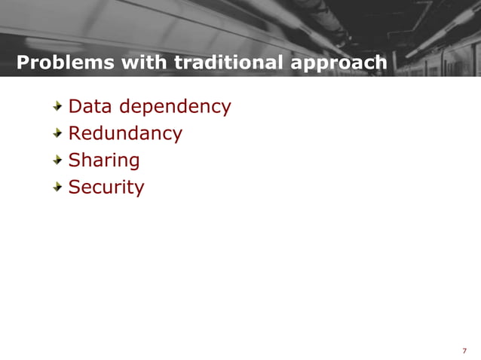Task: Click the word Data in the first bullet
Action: point(87,107)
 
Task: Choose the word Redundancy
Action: point(125,135)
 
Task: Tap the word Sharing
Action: point(104,161)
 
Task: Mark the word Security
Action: point(106,188)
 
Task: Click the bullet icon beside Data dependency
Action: point(58,108)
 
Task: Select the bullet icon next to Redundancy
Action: point(58,134)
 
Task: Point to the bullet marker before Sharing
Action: point(58,160)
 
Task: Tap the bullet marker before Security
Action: point(58,187)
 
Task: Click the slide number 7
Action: point(464,350)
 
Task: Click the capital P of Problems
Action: point(23,63)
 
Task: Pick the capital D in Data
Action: point(75,107)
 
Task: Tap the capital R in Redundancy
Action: point(74,134)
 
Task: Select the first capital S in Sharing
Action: point(74,160)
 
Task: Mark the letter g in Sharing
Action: point(134,163)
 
